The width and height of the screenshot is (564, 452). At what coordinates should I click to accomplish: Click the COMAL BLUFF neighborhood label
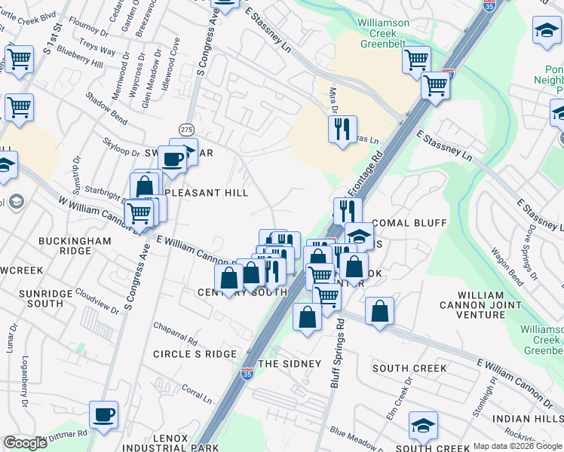[x=410, y=224]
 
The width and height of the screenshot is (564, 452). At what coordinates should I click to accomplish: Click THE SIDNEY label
[x=290, y=364]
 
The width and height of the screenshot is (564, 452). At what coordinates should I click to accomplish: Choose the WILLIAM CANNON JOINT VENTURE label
[x=480, y=300]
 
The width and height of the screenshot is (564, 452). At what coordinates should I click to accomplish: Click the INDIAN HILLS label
[x=526, y=418]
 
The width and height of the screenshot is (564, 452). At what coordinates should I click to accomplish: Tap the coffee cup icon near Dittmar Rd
[x=103, y=414]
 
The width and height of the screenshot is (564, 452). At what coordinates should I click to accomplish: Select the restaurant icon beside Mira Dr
[x=342, y=130]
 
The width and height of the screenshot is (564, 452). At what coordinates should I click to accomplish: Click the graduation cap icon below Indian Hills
[x=423, y=426]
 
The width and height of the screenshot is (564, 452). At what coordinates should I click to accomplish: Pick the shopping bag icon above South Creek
[x=379, y=310]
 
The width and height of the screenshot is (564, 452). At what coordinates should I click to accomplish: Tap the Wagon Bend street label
[x=506, y=266]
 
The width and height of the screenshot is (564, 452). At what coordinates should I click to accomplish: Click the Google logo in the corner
[x=25, y=443]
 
